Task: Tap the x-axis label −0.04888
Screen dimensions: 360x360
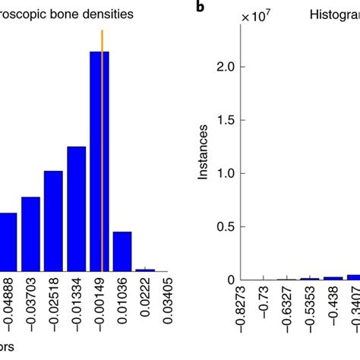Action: point(6,311)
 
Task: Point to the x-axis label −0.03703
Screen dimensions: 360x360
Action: point(30,311)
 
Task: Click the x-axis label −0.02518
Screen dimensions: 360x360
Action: point(54,311)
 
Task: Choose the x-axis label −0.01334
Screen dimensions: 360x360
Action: point(77,311)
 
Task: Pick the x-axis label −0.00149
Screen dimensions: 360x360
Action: point(101,311)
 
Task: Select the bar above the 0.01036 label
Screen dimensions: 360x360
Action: point(122,251)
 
